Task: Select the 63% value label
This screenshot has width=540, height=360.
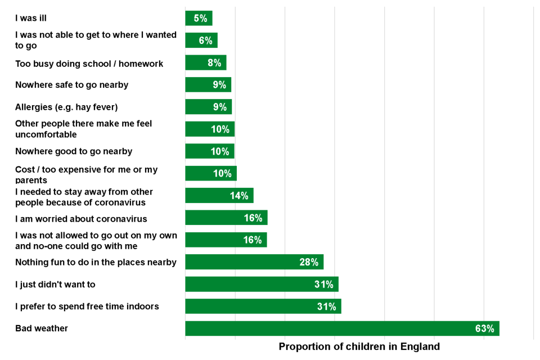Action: [484, 328]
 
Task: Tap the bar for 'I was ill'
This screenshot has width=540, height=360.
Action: [199, 18]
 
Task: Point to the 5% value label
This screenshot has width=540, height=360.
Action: [201, 18]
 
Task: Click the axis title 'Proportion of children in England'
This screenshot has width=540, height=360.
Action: [359, 346]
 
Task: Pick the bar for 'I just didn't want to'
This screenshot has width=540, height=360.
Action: [262, 284]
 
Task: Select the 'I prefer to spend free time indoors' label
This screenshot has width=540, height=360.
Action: [87, 307]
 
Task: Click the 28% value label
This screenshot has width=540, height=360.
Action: [309, 262]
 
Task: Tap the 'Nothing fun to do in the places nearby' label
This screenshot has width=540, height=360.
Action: [96, 262]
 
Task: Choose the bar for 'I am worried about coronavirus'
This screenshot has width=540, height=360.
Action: [226, 218]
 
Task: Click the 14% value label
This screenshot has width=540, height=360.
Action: [239, 196]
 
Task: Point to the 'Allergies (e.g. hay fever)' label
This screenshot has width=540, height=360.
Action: [66, 107]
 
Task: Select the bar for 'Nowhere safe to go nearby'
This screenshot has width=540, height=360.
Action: [208, 85]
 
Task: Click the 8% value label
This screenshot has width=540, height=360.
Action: [214, 63]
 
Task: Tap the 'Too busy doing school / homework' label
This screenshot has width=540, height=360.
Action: [89, 64]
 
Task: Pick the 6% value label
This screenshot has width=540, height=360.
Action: [206, 40]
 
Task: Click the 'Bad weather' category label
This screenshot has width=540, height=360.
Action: [42, 328]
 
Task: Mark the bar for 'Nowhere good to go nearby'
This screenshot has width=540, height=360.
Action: [210, 151]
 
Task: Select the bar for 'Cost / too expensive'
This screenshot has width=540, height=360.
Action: [211, 173]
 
